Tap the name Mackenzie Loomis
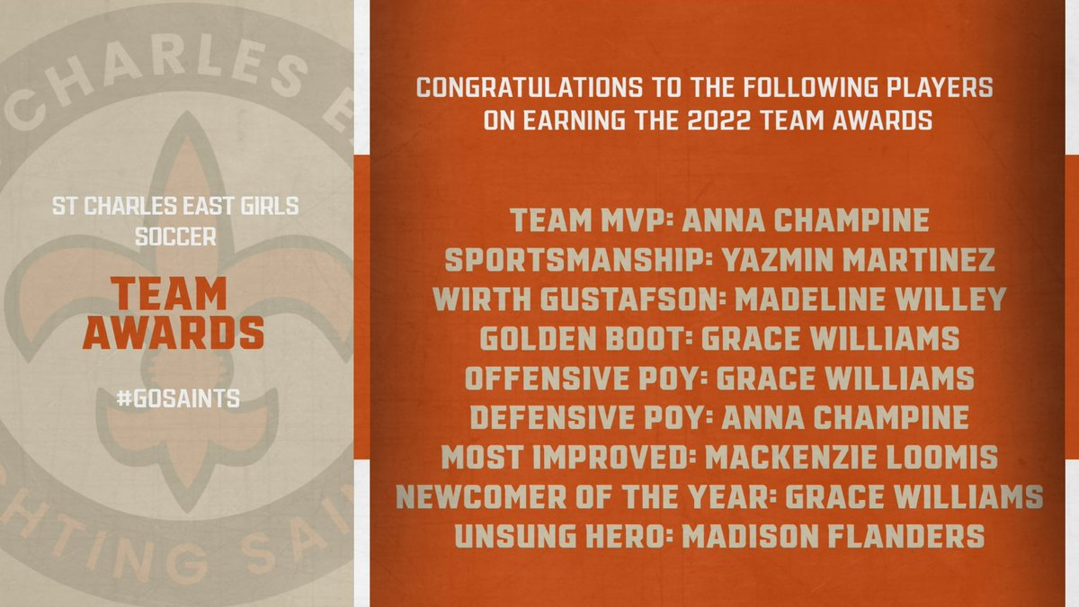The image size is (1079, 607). tap(851, 456)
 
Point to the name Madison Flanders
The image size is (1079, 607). tap(833, 535)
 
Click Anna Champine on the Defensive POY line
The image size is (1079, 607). tap(847, 416)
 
